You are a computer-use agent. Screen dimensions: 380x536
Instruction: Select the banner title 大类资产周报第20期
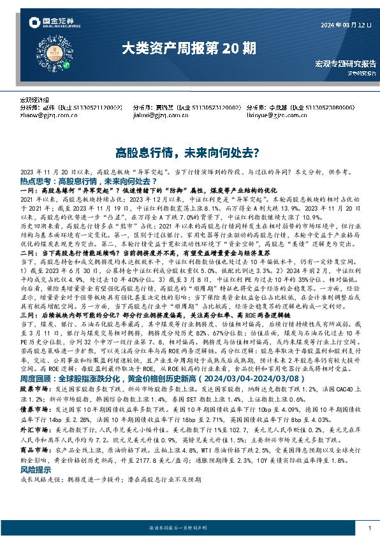189,48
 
